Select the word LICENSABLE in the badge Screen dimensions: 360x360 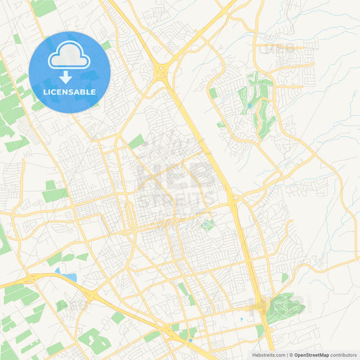point(70,92)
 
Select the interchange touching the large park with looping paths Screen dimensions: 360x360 point(261,307)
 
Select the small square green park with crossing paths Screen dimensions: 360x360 point(207,225)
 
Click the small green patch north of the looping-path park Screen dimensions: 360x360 point(284,278)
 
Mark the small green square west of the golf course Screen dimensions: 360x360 point(213,93)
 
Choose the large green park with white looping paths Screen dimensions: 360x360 point(284,307)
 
